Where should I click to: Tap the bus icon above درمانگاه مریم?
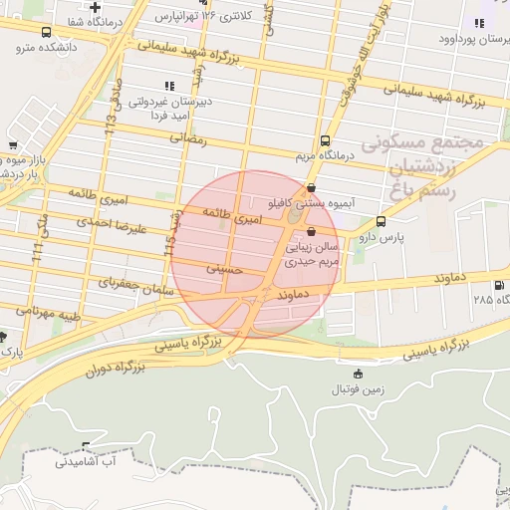coord(325,140)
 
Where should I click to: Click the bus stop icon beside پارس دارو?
coord(381,221)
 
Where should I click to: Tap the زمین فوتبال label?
coord(358,388)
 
